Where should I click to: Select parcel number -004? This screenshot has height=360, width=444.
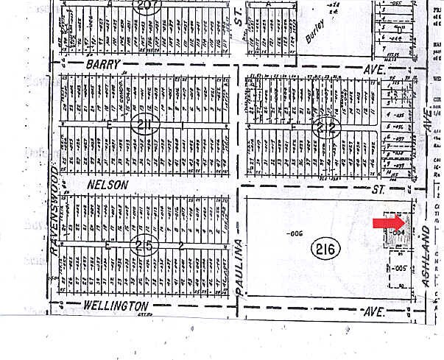tap(398, 233)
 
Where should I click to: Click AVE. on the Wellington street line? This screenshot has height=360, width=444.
tap(376, 311)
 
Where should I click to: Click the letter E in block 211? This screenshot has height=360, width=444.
tap(110, 125)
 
